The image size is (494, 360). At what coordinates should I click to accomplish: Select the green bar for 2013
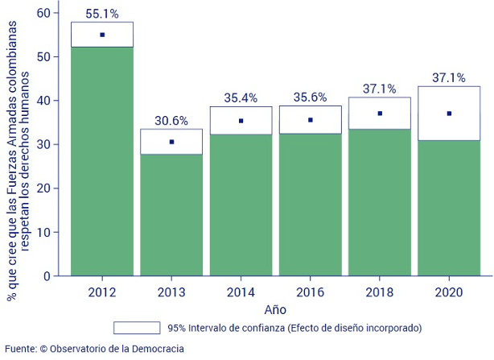171,214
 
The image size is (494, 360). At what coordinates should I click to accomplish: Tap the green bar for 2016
310,205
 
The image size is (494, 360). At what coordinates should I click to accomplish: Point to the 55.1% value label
101,14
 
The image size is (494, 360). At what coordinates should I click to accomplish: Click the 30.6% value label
171,121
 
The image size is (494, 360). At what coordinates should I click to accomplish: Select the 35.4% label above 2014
241,98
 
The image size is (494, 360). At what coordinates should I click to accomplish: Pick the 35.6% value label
310,98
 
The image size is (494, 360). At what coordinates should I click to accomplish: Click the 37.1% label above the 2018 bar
380,90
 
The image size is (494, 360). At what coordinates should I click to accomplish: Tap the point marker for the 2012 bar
101,35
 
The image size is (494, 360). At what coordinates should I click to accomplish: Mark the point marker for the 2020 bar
449,114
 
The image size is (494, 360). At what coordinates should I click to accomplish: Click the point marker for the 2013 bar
171,142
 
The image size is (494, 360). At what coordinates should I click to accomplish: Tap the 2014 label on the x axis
241,291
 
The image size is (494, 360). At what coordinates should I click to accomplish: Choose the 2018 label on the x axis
380,291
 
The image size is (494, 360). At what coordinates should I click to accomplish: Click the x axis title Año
274,309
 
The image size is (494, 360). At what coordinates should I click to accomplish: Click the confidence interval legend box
136,328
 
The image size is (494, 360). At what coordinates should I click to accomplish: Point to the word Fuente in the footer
19,349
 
